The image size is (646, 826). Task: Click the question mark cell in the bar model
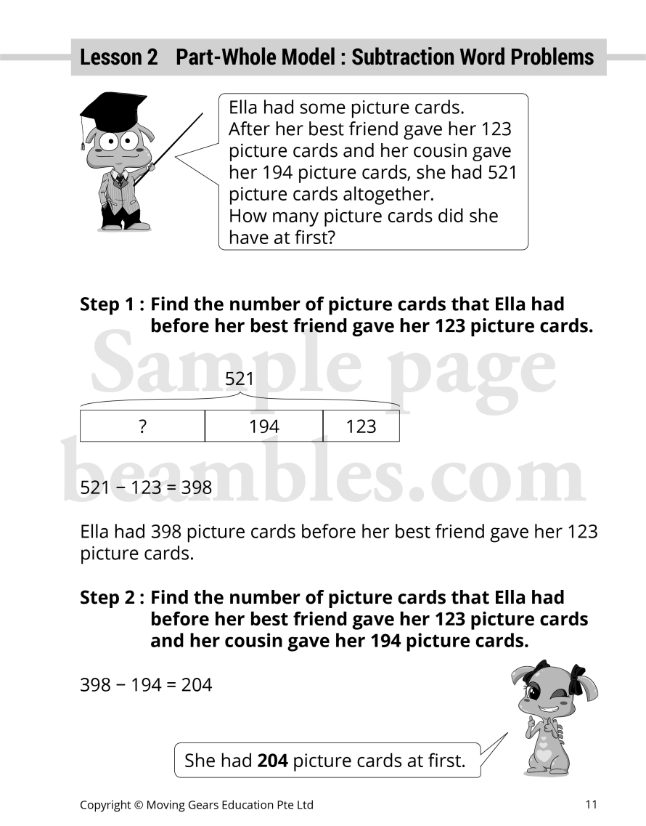click(x=142, y=426)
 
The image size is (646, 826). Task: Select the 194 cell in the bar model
click(x=263, y=426)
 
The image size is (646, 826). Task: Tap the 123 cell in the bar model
click(x=361, y=426)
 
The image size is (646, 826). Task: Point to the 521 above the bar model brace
click(x=240, y=378)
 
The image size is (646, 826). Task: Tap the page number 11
click(x=591, y=804)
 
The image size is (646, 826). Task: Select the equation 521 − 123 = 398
click(x=146, y=487)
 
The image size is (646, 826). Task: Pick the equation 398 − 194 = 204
click(x=146, y=684)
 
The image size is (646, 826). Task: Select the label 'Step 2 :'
click(x=112, y=598)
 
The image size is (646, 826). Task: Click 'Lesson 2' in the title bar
click(x=118, y=57)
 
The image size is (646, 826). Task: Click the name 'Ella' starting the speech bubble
click(x=243, y=108)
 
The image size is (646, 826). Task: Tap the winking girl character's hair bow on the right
click(x=578, y=674)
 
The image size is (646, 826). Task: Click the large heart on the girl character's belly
click(x=544, y=756)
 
